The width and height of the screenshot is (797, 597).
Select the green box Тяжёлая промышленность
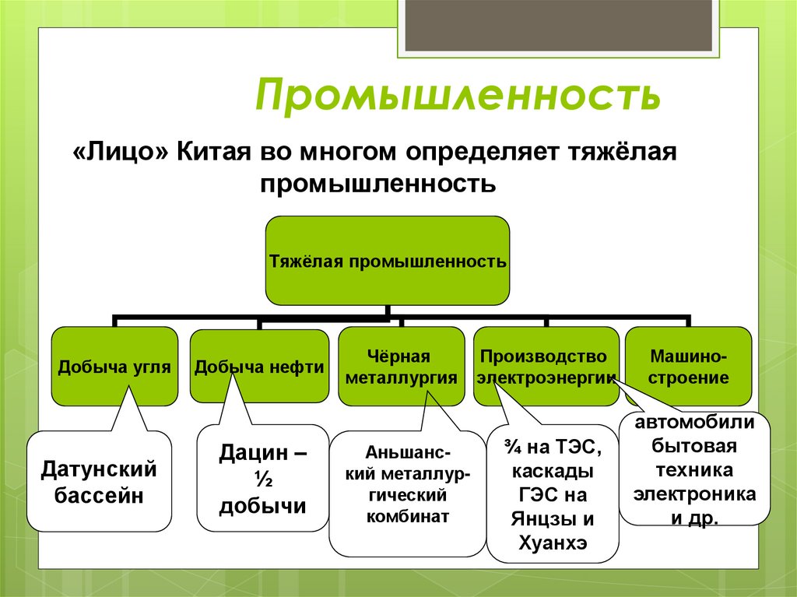tap(388, 261)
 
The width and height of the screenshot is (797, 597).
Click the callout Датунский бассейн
tap(99, 482)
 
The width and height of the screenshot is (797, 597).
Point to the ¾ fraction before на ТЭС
tap(511, 447)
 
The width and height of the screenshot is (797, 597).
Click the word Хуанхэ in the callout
tap(552, 543)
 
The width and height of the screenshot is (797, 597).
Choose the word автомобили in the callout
tap(694, 423)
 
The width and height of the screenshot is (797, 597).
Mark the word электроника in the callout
tap(694, 493)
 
